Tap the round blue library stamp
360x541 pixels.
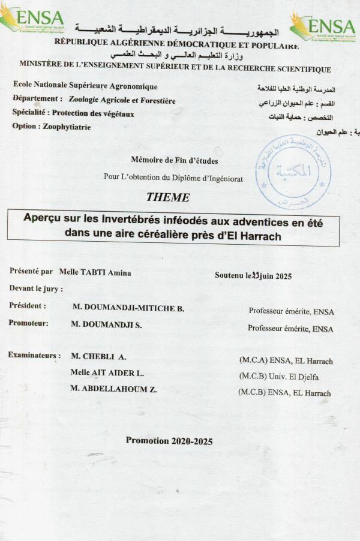(293, 172)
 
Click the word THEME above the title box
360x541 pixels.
(168, 197)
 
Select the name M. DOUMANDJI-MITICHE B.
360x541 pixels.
(128, 308)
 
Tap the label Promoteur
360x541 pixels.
(29, 322)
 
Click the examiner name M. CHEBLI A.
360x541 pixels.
(98, 356)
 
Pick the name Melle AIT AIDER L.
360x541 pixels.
(107, 372)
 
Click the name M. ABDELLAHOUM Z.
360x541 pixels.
(113, 389)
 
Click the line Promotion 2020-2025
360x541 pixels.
(169, 440)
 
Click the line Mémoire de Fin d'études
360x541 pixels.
(174, 160)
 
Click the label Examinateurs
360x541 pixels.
(34, 355)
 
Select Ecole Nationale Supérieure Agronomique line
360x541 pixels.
(85, 86)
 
